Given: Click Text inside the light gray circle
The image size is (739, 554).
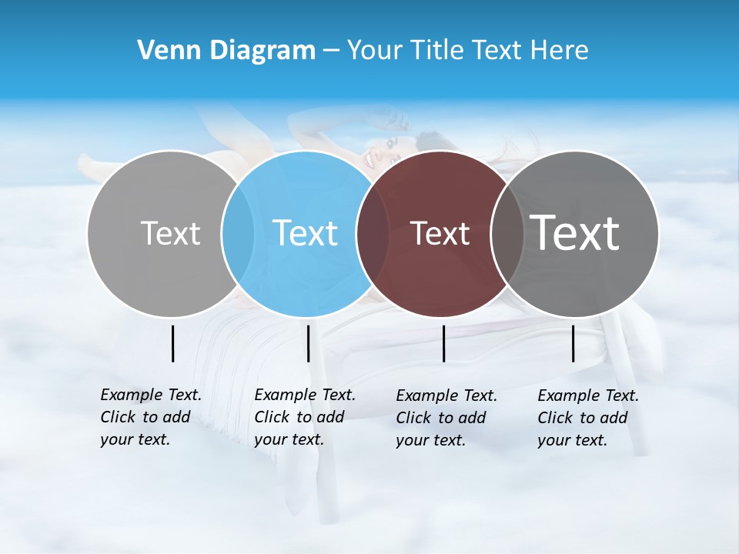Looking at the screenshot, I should click(x=170, y=233).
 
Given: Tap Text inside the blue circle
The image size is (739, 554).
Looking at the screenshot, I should click(x=305, y=233).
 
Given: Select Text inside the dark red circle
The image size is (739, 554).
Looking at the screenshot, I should click(x=440, y=233).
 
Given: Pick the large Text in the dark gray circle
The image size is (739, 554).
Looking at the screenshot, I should click(x=575, y=232).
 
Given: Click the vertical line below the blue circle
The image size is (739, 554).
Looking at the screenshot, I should click(x=308, y=343).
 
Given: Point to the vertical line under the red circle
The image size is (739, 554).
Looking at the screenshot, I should click(x=443, y=343).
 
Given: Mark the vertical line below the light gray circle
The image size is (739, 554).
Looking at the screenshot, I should click(x=172, y=343).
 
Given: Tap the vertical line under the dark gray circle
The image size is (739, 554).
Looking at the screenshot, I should click(x=573, y=343).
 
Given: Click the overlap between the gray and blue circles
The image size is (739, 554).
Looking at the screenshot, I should click(x=238, y=234).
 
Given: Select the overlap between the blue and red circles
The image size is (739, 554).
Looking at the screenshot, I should click(x=373, y=234).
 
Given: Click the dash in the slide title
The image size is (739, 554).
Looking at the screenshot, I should click(x=331, y=51).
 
